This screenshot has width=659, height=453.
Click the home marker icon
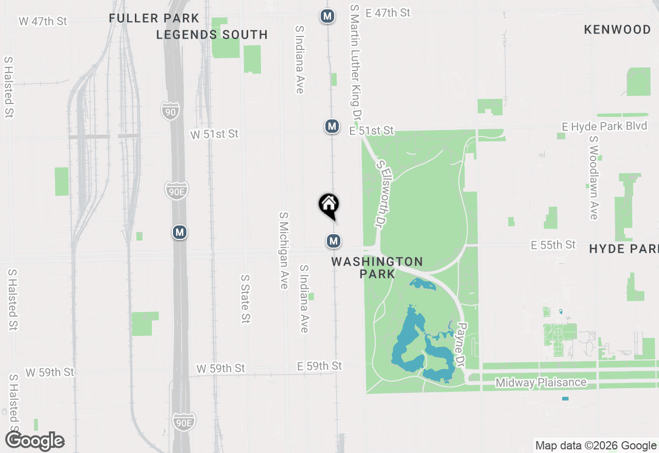coord(328,204)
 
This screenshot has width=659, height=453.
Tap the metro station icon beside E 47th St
coord(327,16)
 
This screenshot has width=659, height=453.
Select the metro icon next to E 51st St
coord(332,126)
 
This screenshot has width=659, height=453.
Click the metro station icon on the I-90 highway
coord(179,233)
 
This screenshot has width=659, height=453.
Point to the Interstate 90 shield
coord(170,111)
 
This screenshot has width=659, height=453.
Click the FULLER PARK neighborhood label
coord(154,19)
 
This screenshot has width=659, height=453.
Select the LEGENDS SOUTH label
coord(212,35)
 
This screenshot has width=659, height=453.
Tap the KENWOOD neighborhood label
coord(617,30)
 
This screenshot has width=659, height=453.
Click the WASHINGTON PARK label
coord(377,268)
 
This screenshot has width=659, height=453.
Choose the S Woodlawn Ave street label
coord(593,178)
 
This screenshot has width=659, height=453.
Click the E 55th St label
coord(553,245)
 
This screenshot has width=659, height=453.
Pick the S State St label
coord(245,299)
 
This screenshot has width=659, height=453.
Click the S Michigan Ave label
coord(283,250)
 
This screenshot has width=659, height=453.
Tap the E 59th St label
coord(319,366)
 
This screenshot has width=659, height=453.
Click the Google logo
coord(35,441)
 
